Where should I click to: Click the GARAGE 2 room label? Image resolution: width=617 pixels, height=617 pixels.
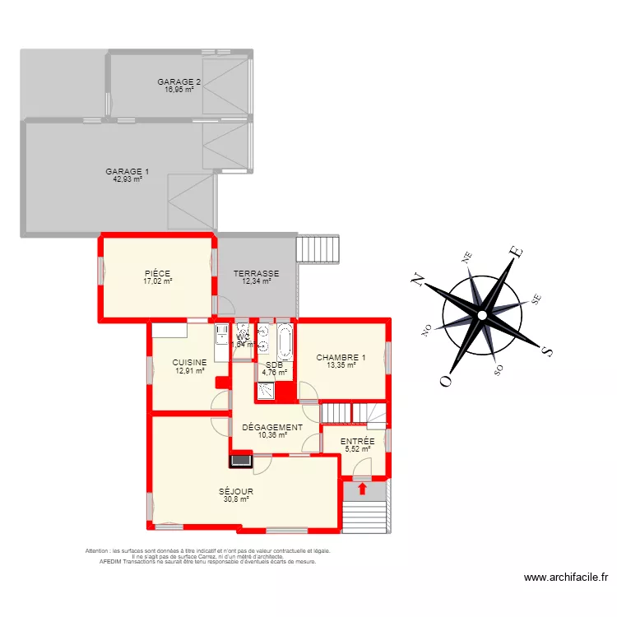[x=179, y=81]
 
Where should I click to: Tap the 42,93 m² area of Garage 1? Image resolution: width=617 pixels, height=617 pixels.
[x=128, y=179]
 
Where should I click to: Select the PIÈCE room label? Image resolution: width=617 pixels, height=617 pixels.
[x=157, y=274]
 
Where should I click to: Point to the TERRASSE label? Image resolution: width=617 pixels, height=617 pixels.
[x=256, y=274]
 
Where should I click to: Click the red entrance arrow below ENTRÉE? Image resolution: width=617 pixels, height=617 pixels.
[x=362, y=489]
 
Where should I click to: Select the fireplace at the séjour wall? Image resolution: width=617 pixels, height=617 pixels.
[x=240, y=460]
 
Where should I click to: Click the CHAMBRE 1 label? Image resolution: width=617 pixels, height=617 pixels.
[x=341, y=358]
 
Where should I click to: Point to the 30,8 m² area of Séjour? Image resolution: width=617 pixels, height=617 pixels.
[x=236, y=499]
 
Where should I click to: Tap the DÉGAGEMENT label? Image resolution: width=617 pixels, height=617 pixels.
[x=272, y=427]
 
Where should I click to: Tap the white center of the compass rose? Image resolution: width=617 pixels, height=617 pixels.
[x=481, y=314]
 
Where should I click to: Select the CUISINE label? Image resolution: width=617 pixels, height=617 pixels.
[x=189, y=362]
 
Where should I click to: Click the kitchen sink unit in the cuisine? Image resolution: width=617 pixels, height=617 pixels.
[x=221, y=334]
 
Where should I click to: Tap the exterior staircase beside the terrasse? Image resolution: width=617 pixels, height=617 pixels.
[x=318, y=248]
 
